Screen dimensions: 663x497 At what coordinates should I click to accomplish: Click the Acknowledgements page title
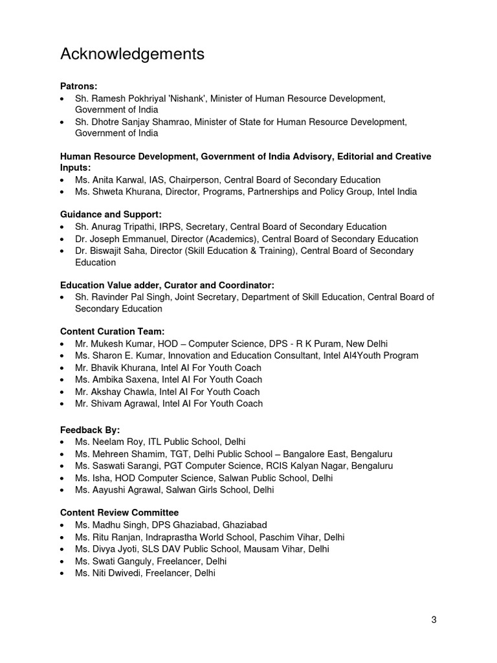point(132,54)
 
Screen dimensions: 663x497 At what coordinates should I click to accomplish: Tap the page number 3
point(434,620)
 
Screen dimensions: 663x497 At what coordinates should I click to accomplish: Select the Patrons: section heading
point(80,86)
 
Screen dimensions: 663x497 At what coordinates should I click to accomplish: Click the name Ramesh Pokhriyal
point(122,98)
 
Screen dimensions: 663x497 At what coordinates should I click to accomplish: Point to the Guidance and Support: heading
point(111,214)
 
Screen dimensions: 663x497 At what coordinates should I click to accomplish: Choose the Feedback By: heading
point(90,429)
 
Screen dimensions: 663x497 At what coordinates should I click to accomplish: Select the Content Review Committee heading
point(119,512)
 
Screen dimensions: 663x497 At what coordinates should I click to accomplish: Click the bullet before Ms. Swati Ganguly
point(61,561)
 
